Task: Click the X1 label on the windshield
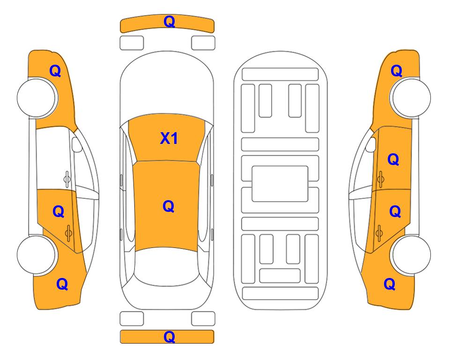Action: click(x=169, y=139)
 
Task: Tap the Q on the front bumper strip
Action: click(x=170, y=22)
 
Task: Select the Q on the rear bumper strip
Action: click(x=170, y=337)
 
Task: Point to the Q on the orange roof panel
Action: click(x=169, y=206)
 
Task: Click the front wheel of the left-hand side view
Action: click(x=37, y=97)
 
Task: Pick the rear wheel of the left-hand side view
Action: click(x=37, y=255)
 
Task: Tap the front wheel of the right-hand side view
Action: click(x=411, y=97)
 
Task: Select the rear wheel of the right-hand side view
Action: click(x=411, y=255)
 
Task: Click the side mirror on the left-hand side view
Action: click(x=77, y=144)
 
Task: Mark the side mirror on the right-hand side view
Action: click(x=371, y=144)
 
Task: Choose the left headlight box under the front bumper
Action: click(x=132, y=43)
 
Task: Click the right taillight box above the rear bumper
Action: click(x=203, y=319)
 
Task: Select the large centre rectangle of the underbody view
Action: click(x=280, y=184)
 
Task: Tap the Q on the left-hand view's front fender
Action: click(x=55, y=71)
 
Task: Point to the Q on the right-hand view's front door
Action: click(x=393, y=159)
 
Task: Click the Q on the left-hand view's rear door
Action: click(x=59, y=212)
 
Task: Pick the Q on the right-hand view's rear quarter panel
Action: click(x=390, y=284)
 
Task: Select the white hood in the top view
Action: click(x=167, y=83)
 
